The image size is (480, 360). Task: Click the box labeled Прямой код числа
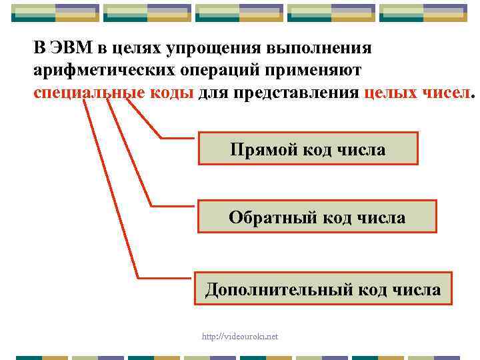click(308, 149)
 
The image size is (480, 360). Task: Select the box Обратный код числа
click(317, 217)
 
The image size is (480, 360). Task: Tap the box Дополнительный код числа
click(323, 290)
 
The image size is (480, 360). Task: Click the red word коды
click(171, 93)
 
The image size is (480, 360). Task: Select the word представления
click(298, 93)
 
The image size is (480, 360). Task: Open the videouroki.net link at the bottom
click(240, 337)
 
